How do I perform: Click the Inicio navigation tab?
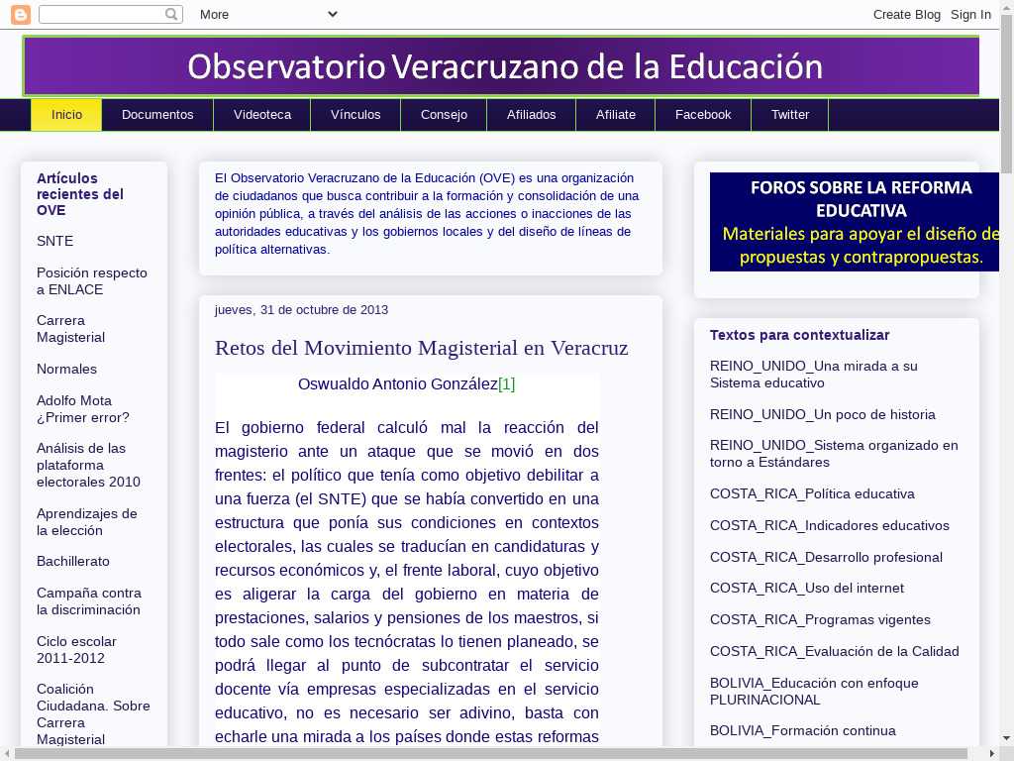pyautogui.click(x=66, y=115)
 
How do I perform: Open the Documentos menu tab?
pyautogui.click(x=157, y=115)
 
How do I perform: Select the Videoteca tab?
pyautogui.click(x=262, y=115)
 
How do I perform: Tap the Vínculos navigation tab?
pyautogui.click(x=355, y=115)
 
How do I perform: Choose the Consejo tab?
pyautogui.click(x=444, y=115)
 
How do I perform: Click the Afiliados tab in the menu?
pyautogui.click(x=532, y=115)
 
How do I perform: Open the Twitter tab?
pyautogui.click(x=790, y=115)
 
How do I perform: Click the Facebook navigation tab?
pyautogui.click(x=703, y=115)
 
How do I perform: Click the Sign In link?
pyautogui.click(x=970, y=14)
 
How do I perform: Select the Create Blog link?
pyautogui.click(x=907, y=14)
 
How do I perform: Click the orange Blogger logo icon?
pyautogui.click(x=20, y=14)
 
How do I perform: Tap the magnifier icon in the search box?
pyautogui.click(x=172, y=14)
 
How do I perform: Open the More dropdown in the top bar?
pyautogui.click(x=268, y=14)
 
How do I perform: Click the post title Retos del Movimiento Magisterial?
pyautogui.click(x=421, y=348)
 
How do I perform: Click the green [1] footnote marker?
pyautogui.click(x=506, y=384)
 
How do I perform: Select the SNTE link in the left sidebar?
pyautogui.click(x=54, y=241)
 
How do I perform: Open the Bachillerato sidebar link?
pyautogui.click(x=73, y=561)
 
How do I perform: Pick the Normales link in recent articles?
pyautogui.click(x=66, y=369)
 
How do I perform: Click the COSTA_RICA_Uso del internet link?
pyautogui.click(x=806, y=588)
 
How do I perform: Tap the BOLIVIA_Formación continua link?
pyautogui.click(x=802, y=730)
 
